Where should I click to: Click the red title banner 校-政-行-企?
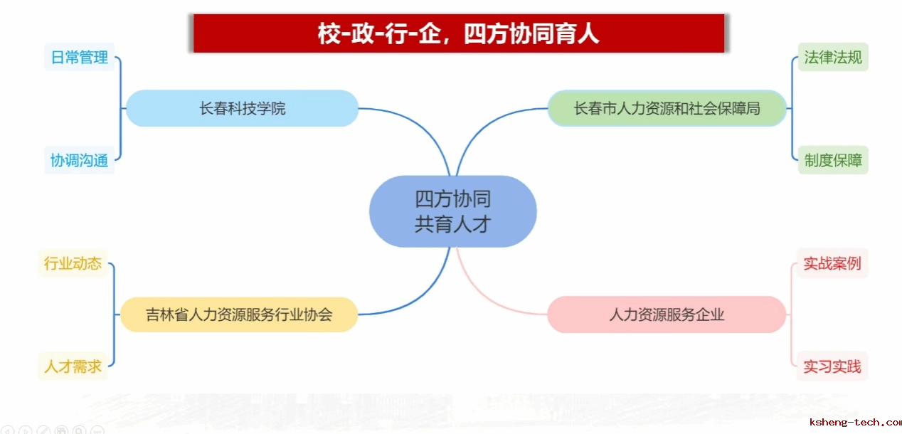pyautogui.click(x=459, y=33)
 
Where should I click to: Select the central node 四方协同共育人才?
pyautogui.click(x=453, y=211)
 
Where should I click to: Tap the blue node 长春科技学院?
pyautogui.click(x=242, y=108)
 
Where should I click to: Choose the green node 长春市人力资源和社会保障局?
pyautogui.click(x=667, y=108)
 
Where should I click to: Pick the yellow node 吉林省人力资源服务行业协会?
pyautogui.click(x=239, y=314)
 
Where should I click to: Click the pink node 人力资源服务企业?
pyautogui.click(x=667, y=314)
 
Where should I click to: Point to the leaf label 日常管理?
pyautogui.click(x=80, y=57)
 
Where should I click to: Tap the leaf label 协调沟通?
pyautogui.click(x=80, y=160)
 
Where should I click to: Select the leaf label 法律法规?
pyautogui.click(x=833, y=57)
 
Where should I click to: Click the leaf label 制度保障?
pyautogui.click(x=833, y=160)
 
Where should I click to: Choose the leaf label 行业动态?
pyautogui.click(x=73, y=263)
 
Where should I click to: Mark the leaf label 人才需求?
pyautogui.click(x=73, y=366)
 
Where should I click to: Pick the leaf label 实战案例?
pyautogui.click(x=832, y=263)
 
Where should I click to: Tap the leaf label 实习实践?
pyautogui.click(x=832, y=366)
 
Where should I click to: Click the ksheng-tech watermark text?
pyautogui.click(x=855, y=423)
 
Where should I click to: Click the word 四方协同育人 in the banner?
pyautogui.click(x=531, y=33)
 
